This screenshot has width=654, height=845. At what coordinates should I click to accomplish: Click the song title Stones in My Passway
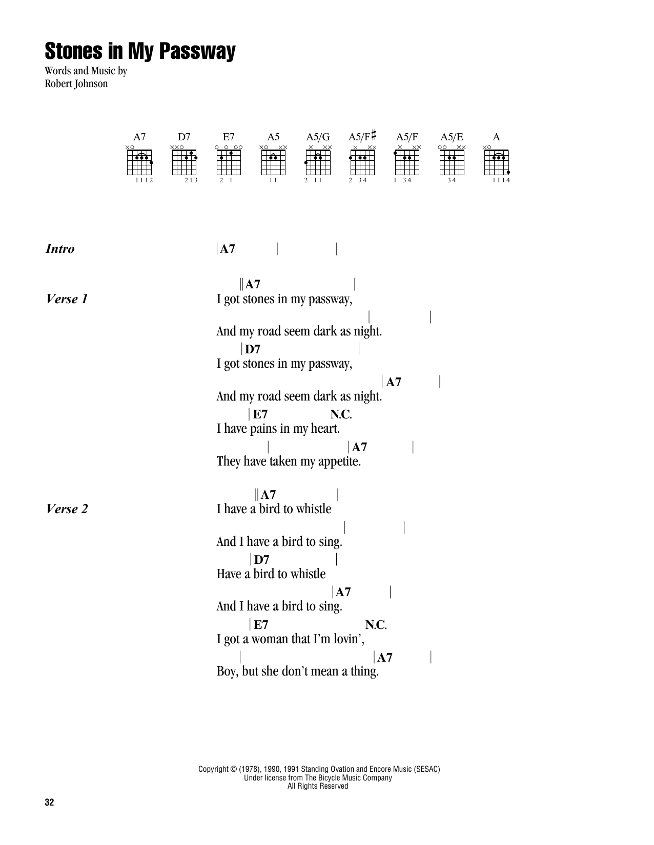tap(140, 52)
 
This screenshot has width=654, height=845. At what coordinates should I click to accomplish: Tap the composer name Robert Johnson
tap(76, 83)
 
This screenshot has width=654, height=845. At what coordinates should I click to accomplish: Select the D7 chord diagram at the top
tap(185, 162)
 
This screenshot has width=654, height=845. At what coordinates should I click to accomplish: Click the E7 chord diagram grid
tap(229, 162)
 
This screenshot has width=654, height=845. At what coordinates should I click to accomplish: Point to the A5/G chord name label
tap(318, 137)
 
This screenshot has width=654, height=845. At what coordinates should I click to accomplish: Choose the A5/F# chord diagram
tap(362, 162)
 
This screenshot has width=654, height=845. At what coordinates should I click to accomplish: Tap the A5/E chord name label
tap(452, 137)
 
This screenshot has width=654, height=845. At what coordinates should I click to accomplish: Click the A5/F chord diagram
tap(407, 162)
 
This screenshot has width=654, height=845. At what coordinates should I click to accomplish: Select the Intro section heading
tap(60, 249)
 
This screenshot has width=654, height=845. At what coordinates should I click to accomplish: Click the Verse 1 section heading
tap(67, 299)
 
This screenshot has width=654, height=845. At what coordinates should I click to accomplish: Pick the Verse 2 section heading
tap(67, 509)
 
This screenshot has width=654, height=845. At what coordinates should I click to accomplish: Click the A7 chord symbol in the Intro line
tap(227, 249)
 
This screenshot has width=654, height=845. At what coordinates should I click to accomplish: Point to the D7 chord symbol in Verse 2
tap(261, 560)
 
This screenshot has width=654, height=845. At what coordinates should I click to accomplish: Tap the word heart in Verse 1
tap(323, 429)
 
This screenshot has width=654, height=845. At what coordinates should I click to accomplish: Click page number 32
tap(49, 802)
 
